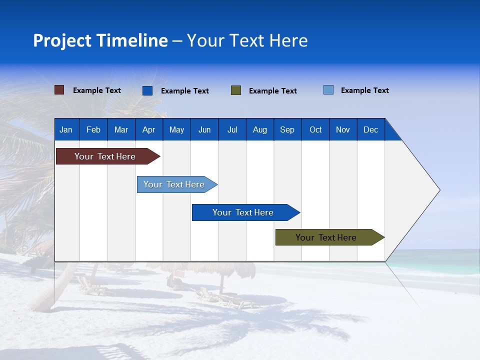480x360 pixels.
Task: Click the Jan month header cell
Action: (x=66, y=129)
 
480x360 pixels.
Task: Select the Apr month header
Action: (x=149, y=129)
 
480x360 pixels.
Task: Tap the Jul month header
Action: (x=232, y=129)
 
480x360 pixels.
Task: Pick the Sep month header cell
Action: (x=287, y=129)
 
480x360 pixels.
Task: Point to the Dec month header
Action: (x=370, y=129)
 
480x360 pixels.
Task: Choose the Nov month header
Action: (x=343, y=129)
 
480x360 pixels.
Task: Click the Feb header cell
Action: (x=93, y=129)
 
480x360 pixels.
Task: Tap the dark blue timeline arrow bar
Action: (x=243, y=212)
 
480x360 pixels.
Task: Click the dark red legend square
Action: (x=59, y=90)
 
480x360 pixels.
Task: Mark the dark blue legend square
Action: (x=147, y=90)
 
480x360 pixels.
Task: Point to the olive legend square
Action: (x=236, y=90)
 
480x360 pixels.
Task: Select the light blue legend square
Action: (x=328, y=90)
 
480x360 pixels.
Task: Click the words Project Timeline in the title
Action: (x=100, y=40)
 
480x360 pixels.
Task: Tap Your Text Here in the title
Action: (x=247, y=40)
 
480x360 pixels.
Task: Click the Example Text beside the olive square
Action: (x=272, y=90)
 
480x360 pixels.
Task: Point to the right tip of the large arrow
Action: (x=439, y=190)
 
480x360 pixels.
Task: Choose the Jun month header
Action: (x=204, y=129)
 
